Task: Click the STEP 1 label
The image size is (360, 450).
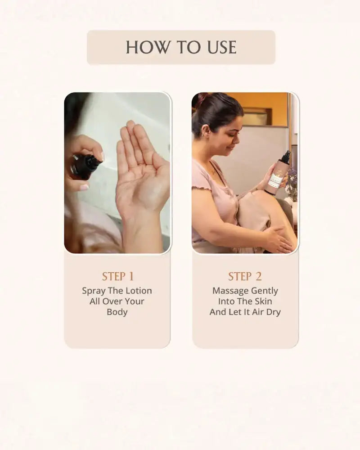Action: pyautogui.click(x=117, y=276)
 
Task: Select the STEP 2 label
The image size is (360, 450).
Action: pyautogui.click(x=245, y=276)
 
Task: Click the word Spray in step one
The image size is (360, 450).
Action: pyautogui.click(x=93, y=291)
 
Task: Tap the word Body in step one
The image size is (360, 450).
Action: pyautogui.click(x=117, y=312)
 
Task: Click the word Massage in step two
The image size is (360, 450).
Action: pyautogui.click(x=229, y=291)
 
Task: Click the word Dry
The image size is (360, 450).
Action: pyautogui.click(x=273, y=312)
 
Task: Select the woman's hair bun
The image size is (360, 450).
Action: pyautogui.click(x=200, y=98)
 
